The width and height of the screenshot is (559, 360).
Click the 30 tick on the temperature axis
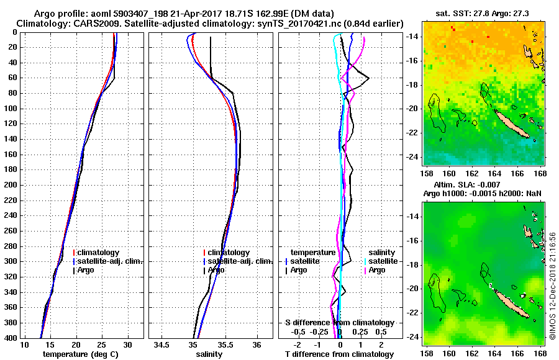pos(127,344)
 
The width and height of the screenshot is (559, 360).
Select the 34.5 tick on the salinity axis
pos(162,344)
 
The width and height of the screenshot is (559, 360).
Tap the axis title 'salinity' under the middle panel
pos(209,354)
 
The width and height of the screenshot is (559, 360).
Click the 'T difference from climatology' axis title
pos(340,354)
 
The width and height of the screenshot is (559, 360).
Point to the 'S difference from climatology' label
pos(340,323)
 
